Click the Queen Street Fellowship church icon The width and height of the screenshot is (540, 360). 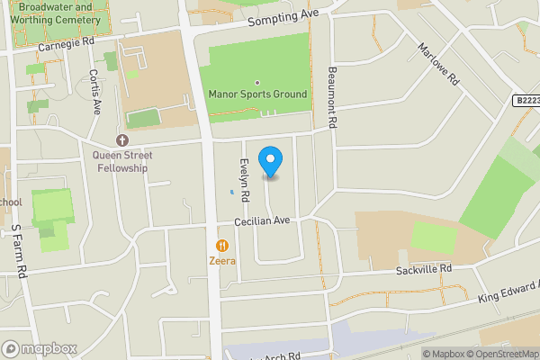(x=122, y=139)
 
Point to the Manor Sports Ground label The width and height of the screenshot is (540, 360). (x=257, y=94)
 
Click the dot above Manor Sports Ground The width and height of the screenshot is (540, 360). (x=257, y=82)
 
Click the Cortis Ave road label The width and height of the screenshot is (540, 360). (x=94, y=91)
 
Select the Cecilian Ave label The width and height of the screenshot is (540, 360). (x=262, y=220)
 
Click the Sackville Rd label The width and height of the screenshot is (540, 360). (x=423, y=269)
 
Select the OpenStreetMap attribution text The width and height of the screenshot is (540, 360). (x=501, y=354)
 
